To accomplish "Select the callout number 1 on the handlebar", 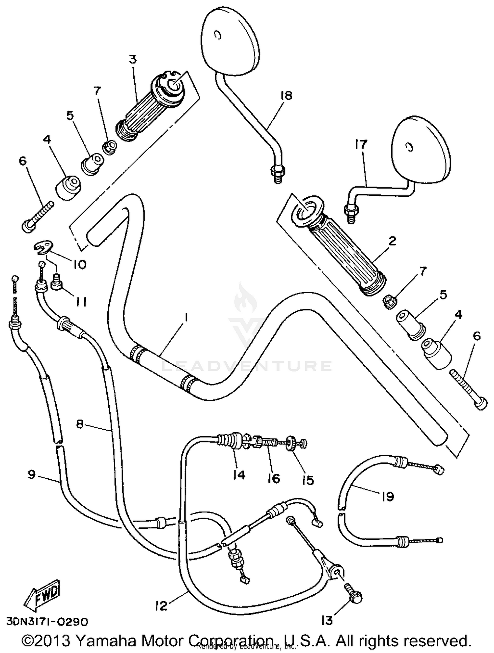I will click(186, 318).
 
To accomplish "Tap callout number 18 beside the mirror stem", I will click(286, 96).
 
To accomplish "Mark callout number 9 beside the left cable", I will click(32, 475).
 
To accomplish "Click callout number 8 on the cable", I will click(80, 424).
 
